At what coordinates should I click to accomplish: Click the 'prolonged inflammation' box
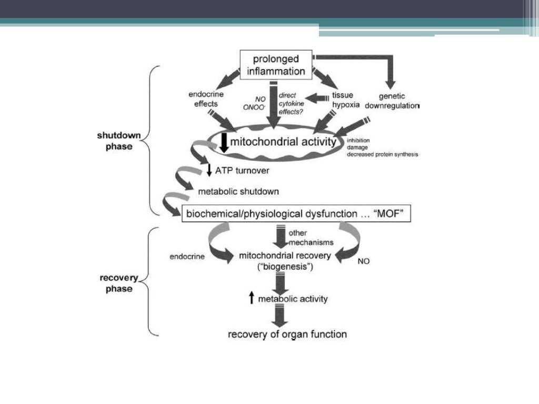tap(275, 65)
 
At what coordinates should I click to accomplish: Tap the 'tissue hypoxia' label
tap(345, 99)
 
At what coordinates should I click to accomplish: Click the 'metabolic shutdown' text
tap(238, 191)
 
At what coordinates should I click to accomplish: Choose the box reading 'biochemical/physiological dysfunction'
tap(296, 214)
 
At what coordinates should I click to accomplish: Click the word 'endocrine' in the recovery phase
tap(187, 257)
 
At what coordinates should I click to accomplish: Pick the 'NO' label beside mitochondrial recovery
tap(363, 261)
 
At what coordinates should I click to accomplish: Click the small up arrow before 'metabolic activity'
tap(251, 299)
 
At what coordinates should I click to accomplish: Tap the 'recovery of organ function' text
tap(287, 334)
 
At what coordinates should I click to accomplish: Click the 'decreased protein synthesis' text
tap(383, 154)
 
